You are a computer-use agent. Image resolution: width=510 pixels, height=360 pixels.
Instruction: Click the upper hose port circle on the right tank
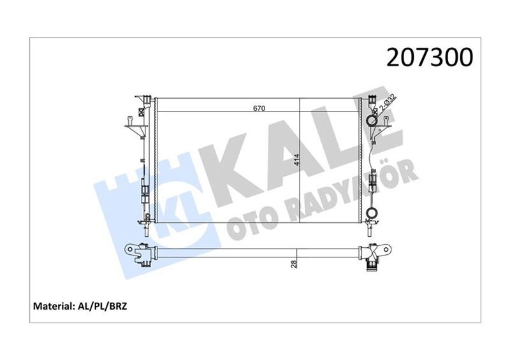pos(372,120)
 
